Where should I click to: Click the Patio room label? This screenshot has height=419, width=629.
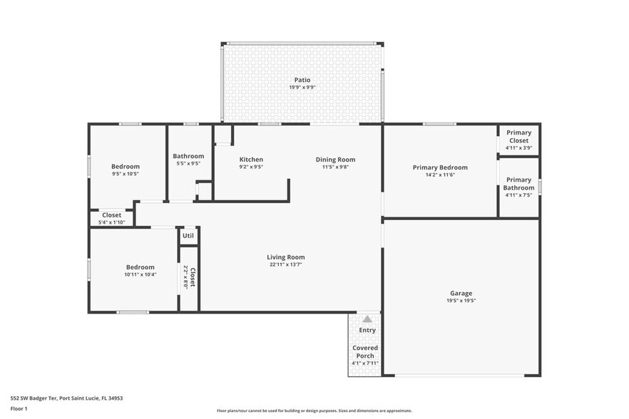(x=303, y=80)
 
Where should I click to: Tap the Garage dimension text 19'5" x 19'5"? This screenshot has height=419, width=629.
(x=461, y=301)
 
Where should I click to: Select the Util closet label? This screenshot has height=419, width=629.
(x=188, y=235)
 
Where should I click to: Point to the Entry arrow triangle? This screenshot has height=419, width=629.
(x=367, y=320)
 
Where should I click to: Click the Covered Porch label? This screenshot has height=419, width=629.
(x=365, y=352)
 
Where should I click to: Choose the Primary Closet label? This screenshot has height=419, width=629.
(x=518, y=136)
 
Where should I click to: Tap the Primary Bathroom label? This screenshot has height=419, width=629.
(x=518, y=184)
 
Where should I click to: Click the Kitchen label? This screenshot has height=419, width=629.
(x=251, y=160)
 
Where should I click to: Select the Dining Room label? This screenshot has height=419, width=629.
(x=335, y=160)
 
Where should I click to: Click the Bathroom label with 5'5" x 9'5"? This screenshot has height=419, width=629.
(x=188, y=156)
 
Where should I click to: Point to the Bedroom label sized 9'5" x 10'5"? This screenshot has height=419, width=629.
(x=126, y=166)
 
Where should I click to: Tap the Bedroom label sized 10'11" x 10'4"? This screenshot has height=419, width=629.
(x=140, y=267)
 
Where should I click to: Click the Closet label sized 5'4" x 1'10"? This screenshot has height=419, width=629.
(x=112, y=214)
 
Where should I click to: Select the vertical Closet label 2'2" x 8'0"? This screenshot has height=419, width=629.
(x=190, y=276)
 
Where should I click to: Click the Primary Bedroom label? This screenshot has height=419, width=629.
(x=440, y=167)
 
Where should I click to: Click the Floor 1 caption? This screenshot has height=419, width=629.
(x=19, y=408)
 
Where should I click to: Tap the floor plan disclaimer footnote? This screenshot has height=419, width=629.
(x=314, y=411)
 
